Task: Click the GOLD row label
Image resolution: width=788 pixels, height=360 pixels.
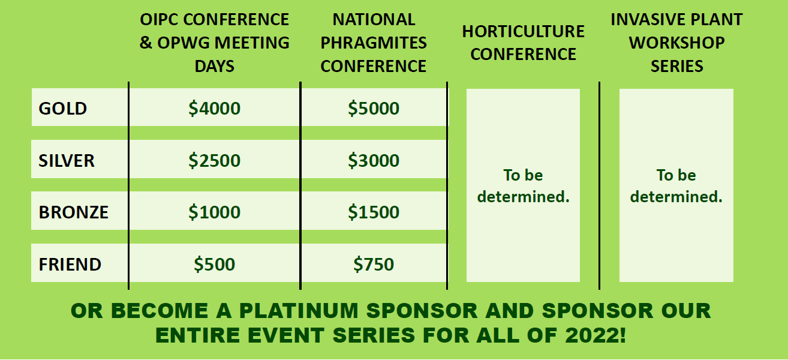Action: coord(62,108)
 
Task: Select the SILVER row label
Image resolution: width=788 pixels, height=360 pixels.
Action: coord(67,160)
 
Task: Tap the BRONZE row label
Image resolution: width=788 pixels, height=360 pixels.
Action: coord(74,212)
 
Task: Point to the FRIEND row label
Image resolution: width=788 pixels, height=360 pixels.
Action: coord(70,264)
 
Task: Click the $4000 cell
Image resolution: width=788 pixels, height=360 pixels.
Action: coord(214,108)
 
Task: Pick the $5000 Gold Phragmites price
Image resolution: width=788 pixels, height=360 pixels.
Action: coord(374,108)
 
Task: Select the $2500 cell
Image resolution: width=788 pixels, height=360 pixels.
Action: coord(214,160)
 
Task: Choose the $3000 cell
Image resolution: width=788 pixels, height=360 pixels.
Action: coord(374,160)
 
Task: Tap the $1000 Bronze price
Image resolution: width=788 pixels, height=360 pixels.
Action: coord(214,212)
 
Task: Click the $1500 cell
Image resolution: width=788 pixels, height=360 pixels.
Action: coord(374,212)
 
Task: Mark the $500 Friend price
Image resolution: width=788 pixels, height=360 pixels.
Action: coord(214,264)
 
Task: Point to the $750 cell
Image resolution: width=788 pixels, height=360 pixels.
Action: coord(374,264)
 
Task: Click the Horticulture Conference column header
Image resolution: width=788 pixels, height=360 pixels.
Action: coord(523,43)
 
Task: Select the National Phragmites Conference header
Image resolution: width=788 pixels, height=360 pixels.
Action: coord(374,43)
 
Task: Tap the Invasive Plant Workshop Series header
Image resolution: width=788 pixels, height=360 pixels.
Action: coord(676,43)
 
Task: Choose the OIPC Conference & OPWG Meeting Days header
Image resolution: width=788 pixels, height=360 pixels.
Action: coord(214,43)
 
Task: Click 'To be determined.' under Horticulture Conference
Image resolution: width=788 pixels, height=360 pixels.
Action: coord(523,186)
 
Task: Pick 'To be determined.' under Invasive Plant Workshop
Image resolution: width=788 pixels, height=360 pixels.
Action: coord(676,186)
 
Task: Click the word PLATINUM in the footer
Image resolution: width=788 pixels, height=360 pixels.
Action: coord(299,311)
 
